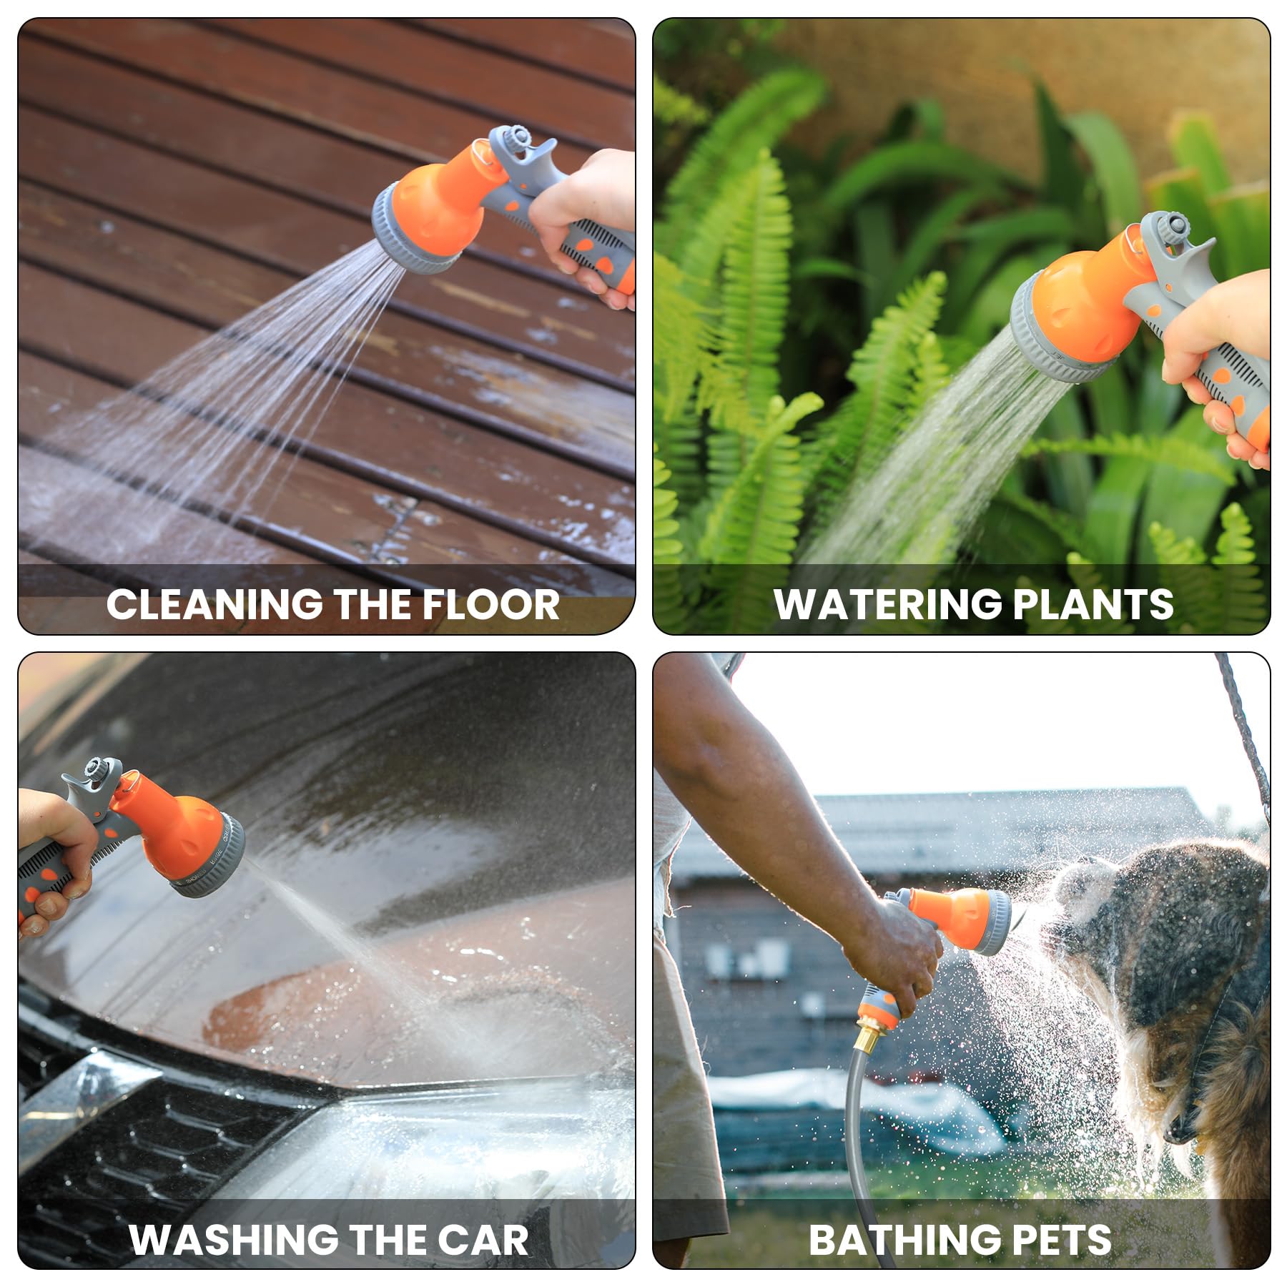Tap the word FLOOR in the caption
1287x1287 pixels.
click(490, 604)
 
